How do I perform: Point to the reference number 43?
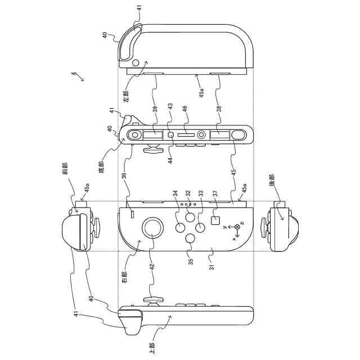tap(170, 108)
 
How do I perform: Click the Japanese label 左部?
tap(127, 95)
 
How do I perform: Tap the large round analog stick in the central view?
tap(153, 228)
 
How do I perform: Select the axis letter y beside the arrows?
tap(224, 227)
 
